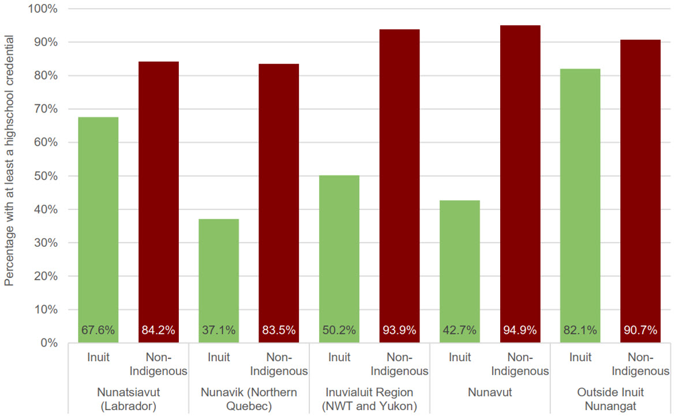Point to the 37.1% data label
(219, 331)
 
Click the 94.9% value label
(520, 331)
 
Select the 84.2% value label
(159, 331)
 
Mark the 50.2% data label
(339, 331)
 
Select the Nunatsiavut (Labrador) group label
(128, 399)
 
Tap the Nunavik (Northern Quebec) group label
(249, 399)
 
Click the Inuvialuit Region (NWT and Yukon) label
(369, 399)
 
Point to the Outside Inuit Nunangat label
(610, 399)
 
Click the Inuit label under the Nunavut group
(460, 358)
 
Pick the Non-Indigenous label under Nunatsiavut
(159, 364)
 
